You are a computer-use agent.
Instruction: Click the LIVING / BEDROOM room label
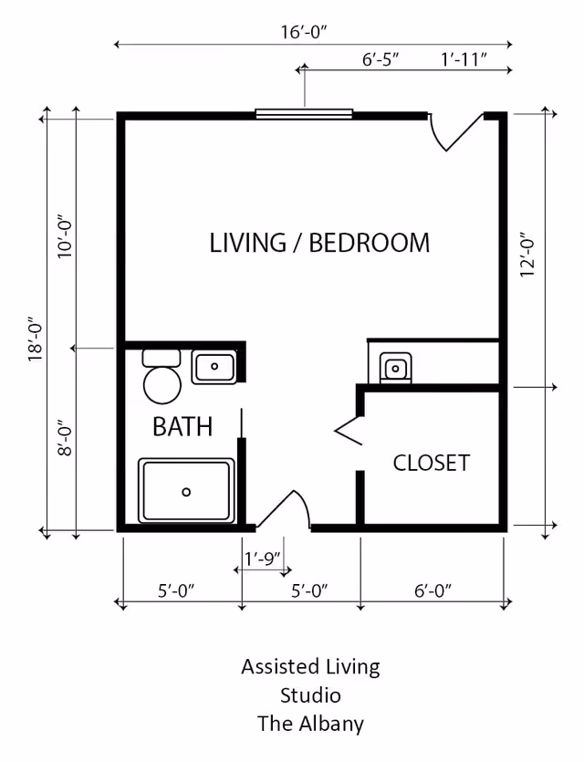[319, 243]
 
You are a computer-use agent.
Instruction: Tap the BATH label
[182, 426]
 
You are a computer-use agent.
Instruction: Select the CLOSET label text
[431, 463]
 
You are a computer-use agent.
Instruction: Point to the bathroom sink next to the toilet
[214, 367]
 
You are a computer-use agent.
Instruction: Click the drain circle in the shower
[186, 492]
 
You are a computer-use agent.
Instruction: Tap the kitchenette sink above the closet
[395, 369]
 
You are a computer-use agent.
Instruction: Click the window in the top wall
[304, 114]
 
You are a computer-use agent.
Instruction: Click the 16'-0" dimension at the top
[304, 32]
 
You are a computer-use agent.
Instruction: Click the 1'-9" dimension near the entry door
[262, 558]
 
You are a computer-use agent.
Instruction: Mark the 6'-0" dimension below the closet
[433, 590]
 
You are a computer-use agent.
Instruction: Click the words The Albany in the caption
[310, 725]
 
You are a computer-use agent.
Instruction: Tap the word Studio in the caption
[310, 695]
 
